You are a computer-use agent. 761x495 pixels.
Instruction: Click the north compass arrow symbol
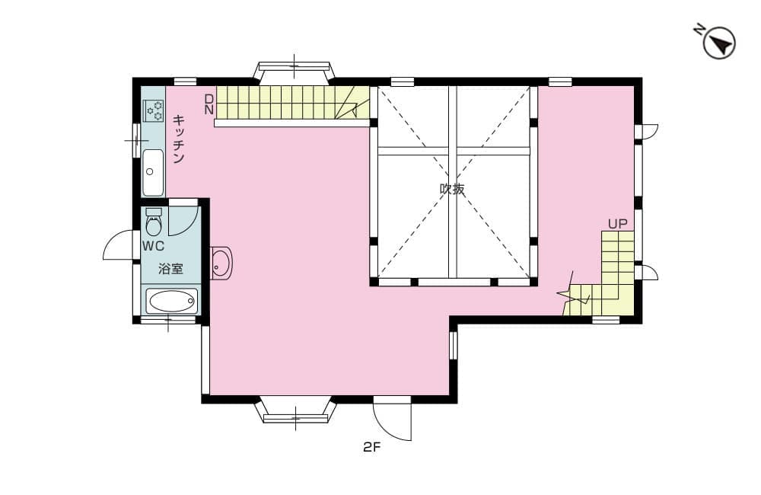click(719, 43)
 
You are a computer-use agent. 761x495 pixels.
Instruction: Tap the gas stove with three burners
click(154, 110)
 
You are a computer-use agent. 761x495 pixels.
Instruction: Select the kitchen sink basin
click(154, 172)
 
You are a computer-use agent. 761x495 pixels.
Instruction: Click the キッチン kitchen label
click(179, 139)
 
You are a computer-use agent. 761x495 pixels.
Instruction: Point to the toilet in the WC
click(154, 222)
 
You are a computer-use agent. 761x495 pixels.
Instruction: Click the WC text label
click(154, 246)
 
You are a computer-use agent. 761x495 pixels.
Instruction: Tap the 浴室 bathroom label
click(170, 269)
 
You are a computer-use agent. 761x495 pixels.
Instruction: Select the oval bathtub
click(172, 301)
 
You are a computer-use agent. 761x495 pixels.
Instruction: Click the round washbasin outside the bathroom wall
click(221, 263)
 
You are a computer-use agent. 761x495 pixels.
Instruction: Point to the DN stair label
click(209, 104)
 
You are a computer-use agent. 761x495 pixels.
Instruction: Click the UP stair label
click(618, 224)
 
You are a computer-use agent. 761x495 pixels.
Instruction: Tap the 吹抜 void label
click(452, 188)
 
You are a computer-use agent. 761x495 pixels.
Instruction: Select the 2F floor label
click(372, 447)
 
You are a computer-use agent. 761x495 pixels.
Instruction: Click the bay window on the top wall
click(294, 71)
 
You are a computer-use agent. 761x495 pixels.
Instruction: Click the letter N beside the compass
click(699, 30)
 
